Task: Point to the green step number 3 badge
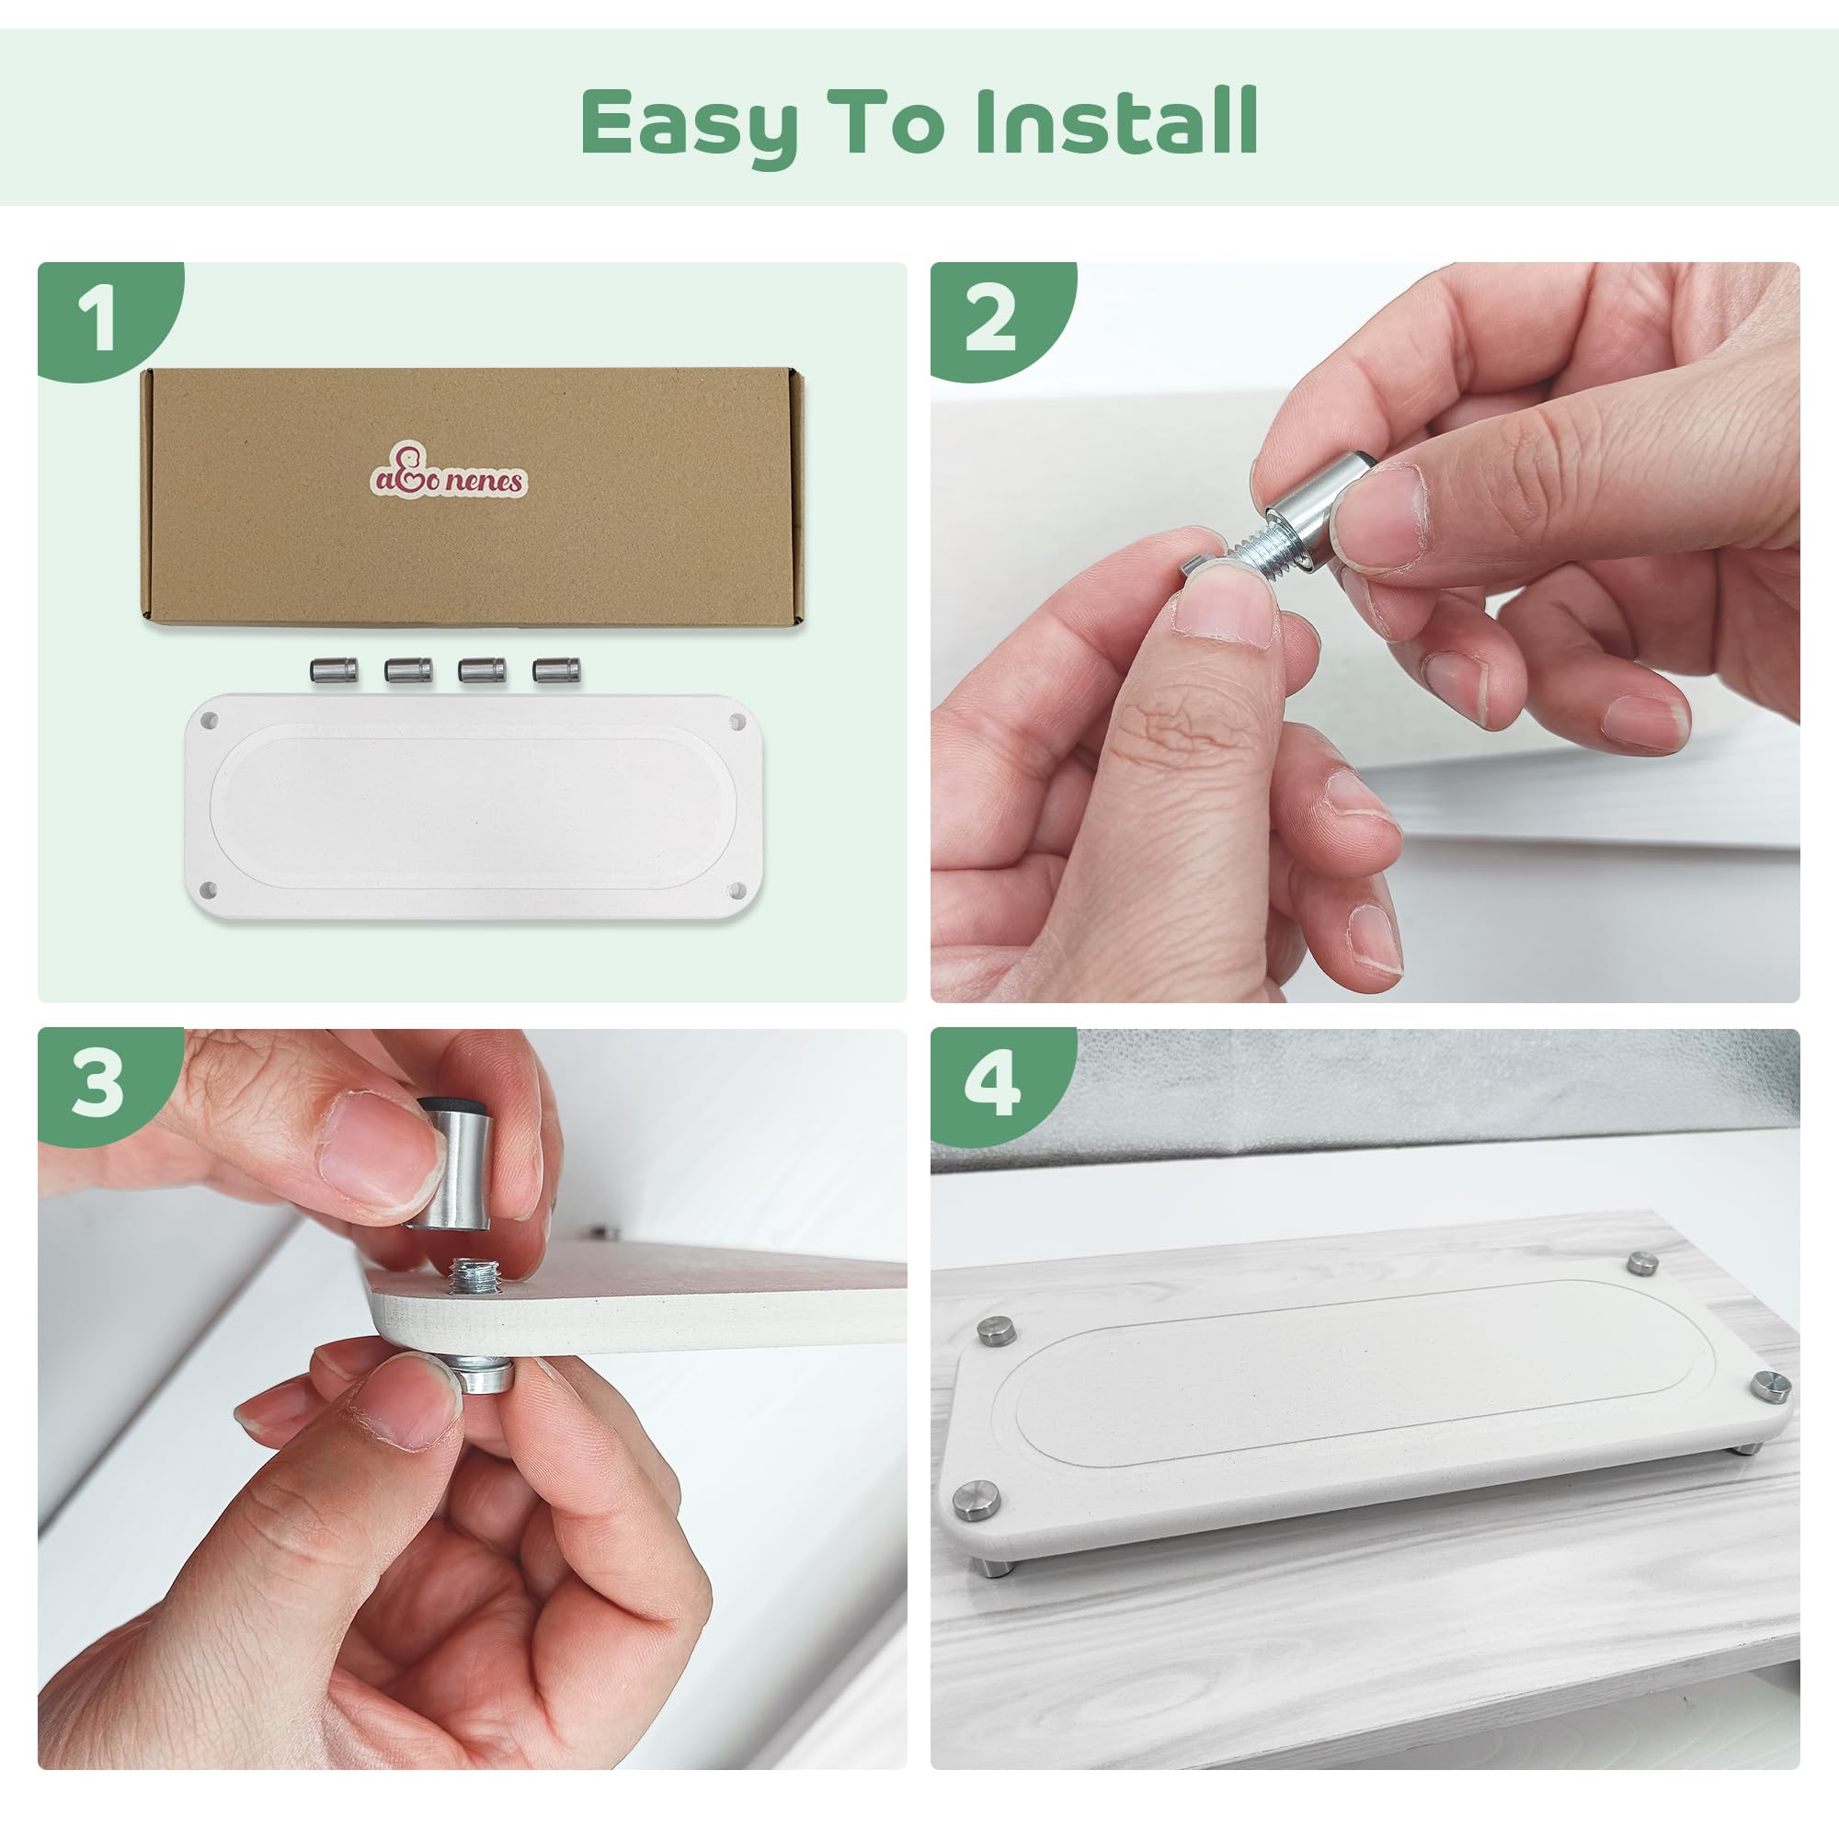point(100,1086)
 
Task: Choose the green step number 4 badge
point(994,1086)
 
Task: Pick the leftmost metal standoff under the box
point(333,671)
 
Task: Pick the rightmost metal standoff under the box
point(558,671)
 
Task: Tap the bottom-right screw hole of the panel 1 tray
point(736,890)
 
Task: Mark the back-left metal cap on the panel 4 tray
point(996,1327)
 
